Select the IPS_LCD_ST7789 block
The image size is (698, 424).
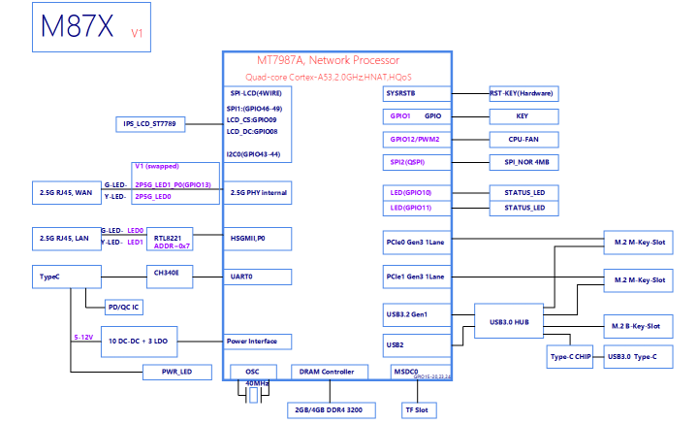[x=149, y=124]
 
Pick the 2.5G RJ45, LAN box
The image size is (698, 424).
[x=66, y=237]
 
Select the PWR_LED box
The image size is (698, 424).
[x=171, y=372]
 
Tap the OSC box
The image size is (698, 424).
[x=251, y=371]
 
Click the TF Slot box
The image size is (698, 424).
[x=415, y=408]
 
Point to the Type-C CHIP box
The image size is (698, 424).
[x=569, y=356]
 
